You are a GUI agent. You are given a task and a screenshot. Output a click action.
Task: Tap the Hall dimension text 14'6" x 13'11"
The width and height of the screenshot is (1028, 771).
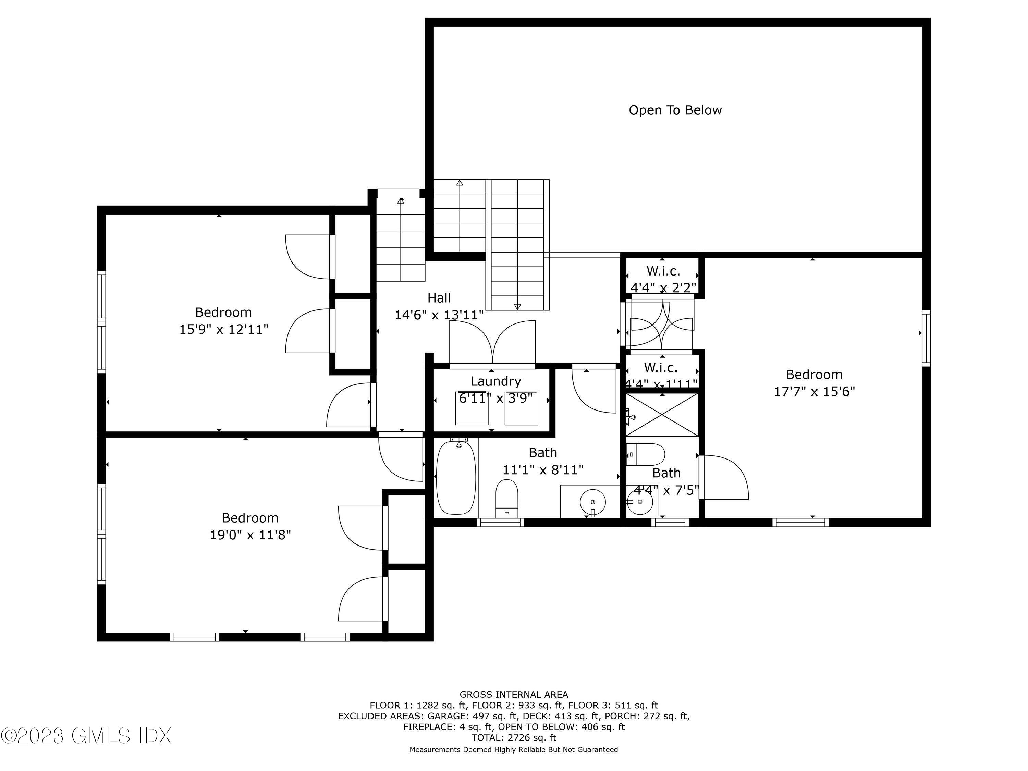pos(439,315)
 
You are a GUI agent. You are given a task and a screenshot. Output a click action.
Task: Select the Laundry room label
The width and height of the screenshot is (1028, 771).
pos(495,381)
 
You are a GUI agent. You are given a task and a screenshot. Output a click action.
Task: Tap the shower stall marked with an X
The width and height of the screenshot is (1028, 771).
pos(662,415)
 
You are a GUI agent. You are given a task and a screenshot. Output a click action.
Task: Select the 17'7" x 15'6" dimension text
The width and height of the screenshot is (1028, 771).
pos(814,392)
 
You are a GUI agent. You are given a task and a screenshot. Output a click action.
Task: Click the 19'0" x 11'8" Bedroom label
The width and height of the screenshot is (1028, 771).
pos(250,518)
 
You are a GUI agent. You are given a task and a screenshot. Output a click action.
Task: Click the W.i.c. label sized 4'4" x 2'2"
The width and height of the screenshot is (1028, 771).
pos(663,271)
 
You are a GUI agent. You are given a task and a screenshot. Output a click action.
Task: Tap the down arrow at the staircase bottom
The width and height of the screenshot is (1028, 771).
pos(517,307)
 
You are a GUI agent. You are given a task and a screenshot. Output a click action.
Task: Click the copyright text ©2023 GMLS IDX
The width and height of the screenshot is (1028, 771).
pos(86,736)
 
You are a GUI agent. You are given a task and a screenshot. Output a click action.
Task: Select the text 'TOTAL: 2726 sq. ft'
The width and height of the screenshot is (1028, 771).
pos(514,737)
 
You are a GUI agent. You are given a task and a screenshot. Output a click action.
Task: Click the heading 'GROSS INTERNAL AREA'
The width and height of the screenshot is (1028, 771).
pos(514,694)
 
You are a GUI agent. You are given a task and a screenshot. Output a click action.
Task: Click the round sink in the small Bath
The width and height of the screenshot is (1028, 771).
pos(639,502)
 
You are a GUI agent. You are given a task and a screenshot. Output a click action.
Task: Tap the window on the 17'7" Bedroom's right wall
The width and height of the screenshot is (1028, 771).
pos(926,338)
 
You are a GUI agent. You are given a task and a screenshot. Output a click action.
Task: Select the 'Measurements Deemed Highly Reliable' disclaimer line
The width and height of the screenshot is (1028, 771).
pos(514,750)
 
